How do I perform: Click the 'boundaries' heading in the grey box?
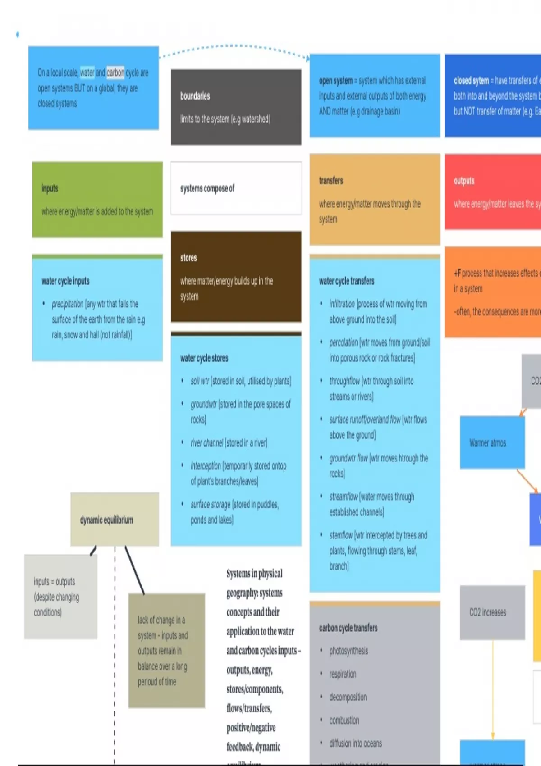click(x=195, y=96)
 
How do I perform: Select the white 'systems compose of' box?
click(x=236, y=188)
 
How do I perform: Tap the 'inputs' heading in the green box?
click(x=50, y=188)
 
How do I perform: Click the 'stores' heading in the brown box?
click(x=188, y=258)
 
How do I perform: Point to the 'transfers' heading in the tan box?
click(x=331, y=181)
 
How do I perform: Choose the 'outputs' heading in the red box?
click(x=464, y=181)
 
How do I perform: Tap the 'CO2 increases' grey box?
click(x=492, y=612)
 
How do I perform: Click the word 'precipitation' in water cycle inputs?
click(x=68, y=304)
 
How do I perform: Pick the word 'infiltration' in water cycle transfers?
click(x=342, y=304)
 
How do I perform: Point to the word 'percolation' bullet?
click(x=343, y=342)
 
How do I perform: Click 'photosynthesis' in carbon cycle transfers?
click(x=348, y=651)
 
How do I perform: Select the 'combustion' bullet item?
click(x=344, y=720)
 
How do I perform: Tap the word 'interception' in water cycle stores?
click(x=206, y=466)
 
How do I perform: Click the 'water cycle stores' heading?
click(x=204, y=358)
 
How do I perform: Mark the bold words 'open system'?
click(x=335, y=81)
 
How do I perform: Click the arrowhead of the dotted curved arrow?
click(x=308, y=58)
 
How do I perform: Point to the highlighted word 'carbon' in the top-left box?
click(x=115, y=73)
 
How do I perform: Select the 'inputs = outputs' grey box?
click(x=60, y=596)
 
